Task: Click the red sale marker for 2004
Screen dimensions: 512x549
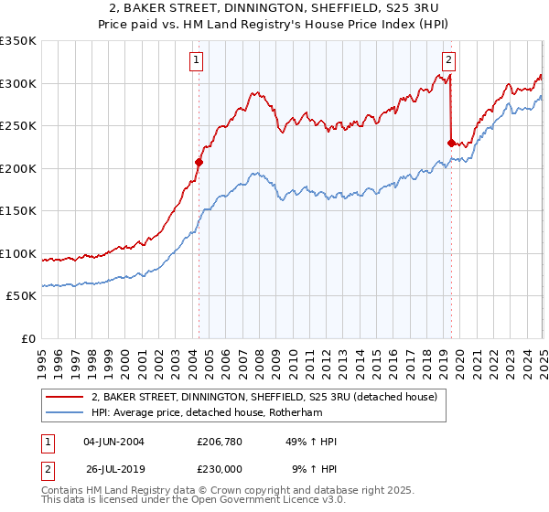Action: pos(199,162)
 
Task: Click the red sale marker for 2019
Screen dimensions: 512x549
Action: pos(451,143)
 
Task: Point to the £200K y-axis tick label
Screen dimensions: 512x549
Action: pos(19,168)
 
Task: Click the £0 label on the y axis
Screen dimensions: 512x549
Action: pos(27,338)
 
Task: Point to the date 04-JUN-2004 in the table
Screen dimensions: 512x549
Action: pos(113,442)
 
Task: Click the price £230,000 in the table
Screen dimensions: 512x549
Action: pos(221,467)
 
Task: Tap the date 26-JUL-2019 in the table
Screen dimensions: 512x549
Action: pos(113,467)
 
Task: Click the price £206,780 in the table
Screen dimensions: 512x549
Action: pos(221,442)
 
